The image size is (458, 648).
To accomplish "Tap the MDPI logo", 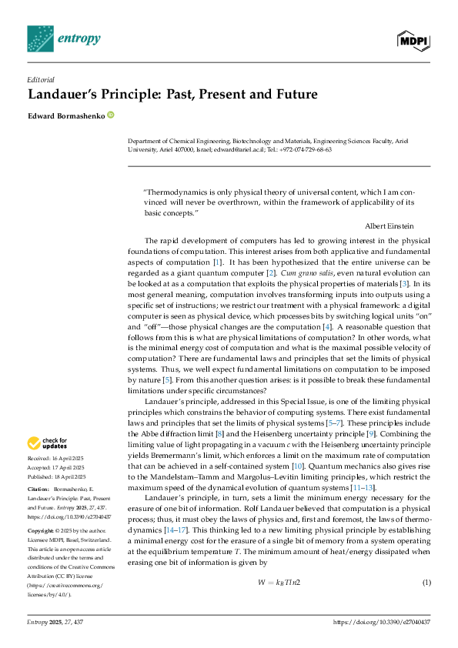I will [413, 38].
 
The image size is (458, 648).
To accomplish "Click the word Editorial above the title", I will [41, 79].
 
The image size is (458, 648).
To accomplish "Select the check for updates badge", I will [45, 443].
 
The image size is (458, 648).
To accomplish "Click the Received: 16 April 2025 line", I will [56, 459].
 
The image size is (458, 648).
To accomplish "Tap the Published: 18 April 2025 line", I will [56, 476].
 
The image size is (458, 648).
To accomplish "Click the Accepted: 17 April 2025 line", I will [56, 467].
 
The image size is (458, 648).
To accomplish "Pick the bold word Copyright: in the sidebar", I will [42, 531].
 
